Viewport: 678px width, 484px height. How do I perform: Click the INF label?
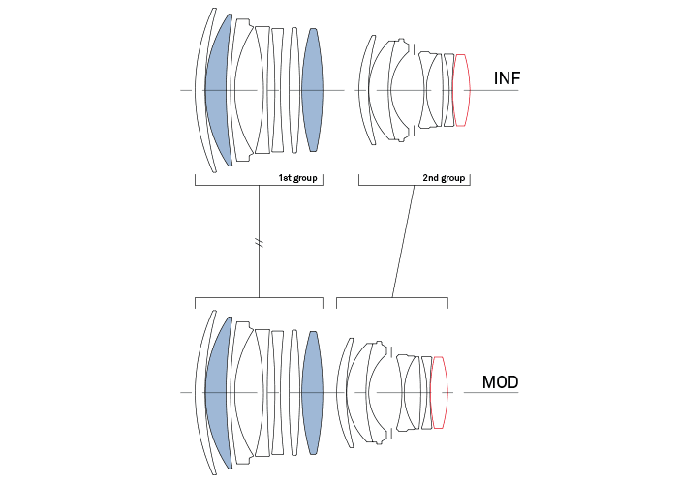[x=507, y=78]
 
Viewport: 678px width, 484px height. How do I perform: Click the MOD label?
[x=500, y=382]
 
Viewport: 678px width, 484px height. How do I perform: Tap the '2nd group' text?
[x=445, y=178]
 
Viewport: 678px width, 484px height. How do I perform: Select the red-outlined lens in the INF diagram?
[x=461, y=90]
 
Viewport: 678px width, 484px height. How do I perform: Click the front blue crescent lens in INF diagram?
[x=219, y=90]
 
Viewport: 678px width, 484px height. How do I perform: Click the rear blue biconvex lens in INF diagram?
[x=311, y=90]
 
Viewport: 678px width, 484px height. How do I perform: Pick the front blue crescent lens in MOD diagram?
[x=219, y=392]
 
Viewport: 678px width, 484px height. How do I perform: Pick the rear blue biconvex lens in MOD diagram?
[x=311, y=392]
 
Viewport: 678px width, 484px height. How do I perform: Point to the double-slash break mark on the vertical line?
[x=259, y=242]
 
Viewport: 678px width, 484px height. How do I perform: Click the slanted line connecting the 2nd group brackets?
[x=403, y=242]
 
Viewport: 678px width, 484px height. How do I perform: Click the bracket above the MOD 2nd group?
[x=391, y=298]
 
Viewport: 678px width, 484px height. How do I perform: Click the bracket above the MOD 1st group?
[x=259, y=298]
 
